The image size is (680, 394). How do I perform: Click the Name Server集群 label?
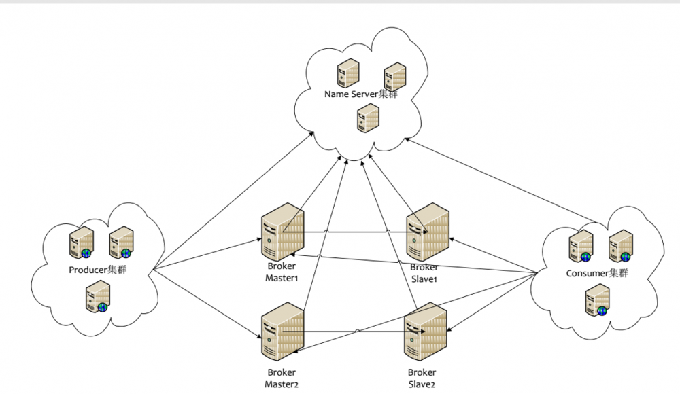[360, 94]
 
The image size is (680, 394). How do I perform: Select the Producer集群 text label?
[98, 270]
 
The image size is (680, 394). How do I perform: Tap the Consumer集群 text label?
[596, 274]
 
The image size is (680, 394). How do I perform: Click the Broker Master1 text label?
[282, 272]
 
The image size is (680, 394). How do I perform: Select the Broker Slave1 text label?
[424, 272]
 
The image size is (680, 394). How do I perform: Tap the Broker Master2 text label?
[282, 378]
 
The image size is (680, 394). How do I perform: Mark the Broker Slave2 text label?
[422, 378]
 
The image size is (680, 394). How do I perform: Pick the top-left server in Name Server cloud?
[347, 73]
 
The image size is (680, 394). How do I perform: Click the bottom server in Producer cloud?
[97, 297]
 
